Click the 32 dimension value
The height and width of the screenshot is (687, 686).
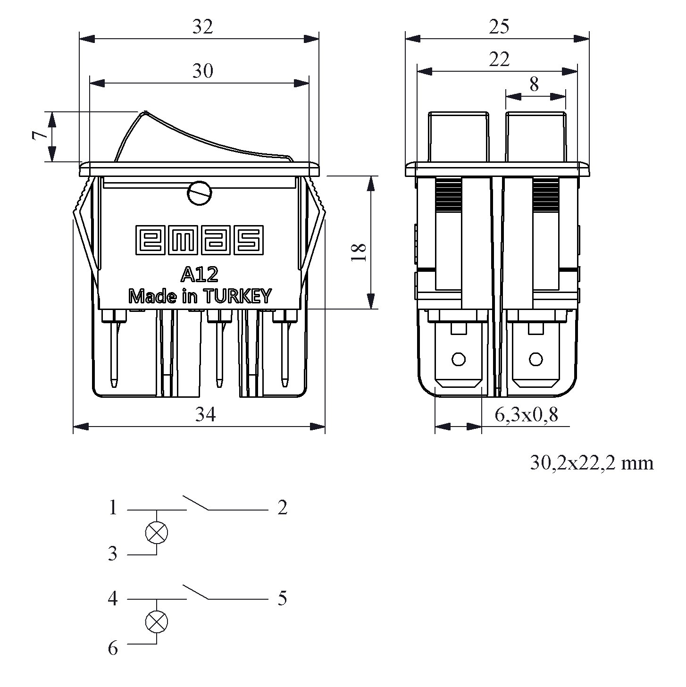click(x=202, y=27)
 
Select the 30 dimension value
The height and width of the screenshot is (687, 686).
click(x=202, y=71)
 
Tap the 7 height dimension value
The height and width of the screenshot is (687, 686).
click(x=40, y=136)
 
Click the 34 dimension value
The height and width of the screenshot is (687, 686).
click(x=206, y=415)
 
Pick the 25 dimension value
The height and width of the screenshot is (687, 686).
click(x=499, y=27)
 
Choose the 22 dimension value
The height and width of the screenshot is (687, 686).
click(x=499, y=60)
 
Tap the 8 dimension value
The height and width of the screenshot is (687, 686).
click(x=534, y=85)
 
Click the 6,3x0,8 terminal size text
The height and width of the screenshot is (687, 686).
click(x=526, y=415)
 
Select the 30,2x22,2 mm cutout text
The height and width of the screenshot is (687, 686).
click(x=592, y=463)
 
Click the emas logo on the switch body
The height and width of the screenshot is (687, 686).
click(x=199, y=240)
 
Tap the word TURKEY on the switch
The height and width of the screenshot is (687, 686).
click(x=237, y=296)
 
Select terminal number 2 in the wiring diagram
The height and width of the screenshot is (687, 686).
click(x=282, y=508)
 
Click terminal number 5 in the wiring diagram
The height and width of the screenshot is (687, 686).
click(x=282, y=599)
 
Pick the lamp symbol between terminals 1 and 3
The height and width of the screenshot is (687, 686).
click(x=156, y=533)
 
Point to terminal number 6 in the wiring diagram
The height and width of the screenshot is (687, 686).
click(x=113, y=648)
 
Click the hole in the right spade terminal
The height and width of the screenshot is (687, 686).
click(x=535, y=360)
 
